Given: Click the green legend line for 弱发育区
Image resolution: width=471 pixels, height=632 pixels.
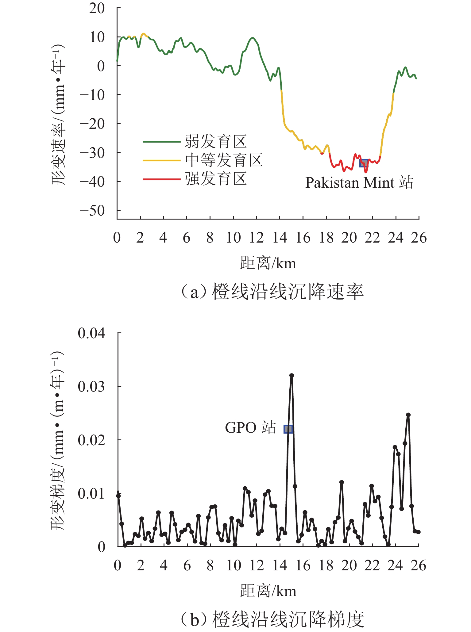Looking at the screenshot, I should pyautogui.click(x=161, y=142).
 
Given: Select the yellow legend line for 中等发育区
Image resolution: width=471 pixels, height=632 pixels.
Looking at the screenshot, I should pyautogui.click(x=161, y=160).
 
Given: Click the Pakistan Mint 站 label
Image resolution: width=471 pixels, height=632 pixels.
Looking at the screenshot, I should pyautogui.click(x=359, y=183).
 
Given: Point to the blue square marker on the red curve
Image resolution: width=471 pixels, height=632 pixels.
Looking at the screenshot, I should pyautogui.click(x=364, y=163).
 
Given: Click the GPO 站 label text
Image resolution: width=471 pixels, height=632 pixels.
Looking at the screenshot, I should pyautogui.click(x=250, y=428).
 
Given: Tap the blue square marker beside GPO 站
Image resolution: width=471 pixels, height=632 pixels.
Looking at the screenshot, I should pyautogui.click(x=288, y=429).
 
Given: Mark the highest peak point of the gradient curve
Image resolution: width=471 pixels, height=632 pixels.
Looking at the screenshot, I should pyautogui.click(x=291, y=375).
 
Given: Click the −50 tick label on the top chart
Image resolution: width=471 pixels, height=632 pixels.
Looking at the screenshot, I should pyautogui.click(x=92, y=211).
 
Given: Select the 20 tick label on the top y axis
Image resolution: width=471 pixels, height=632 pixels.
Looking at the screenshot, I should pyautogui.click(x=97, y=8).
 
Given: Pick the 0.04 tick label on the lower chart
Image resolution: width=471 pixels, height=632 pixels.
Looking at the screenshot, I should pyautogui.click(x=91, y=333).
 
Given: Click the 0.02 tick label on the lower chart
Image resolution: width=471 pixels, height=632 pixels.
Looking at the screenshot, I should pyautogui.click(x=91, y=440).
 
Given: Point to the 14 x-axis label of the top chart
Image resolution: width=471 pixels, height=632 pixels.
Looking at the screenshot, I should pyautogui.click(x=280, y=238).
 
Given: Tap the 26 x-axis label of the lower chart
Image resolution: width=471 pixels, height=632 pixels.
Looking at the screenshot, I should pyautogui.click(x=419, y=566).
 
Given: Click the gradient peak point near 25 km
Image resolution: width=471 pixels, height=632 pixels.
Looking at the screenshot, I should pyautogui.click(x=408, y=415).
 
